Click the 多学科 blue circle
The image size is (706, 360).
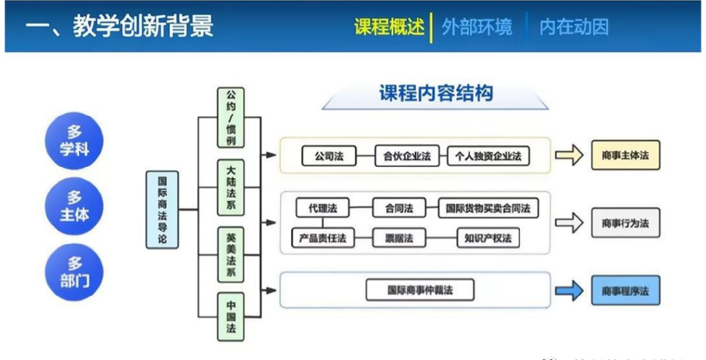pyautogui.click(x=74, y=141)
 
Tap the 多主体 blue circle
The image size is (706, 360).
pyautogui.click(x=74, y=206)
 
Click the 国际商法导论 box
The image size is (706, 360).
pyautogui.click(x=162, y=210)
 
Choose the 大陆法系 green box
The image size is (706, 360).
pyautogui.click(x=231, y=188)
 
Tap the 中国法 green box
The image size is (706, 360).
pyautogui.click(x=231, y=317)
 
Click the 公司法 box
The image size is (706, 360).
pyautogui.click(x=328, y=156)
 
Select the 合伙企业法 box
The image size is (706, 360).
pyautogui.click(x=407, y=156)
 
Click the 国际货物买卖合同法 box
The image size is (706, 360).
pyautogui.click(x=488, y=207)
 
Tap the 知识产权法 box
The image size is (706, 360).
pyautogui.click(x=488, y=238)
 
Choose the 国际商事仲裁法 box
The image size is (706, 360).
pyautogui.click(x=420, y=290)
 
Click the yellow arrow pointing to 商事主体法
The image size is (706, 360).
pyautogui.click(x=569, y=156)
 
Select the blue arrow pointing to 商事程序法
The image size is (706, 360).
pyautogui.click(x=569, y=291)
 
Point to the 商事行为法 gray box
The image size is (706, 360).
pyautogui.click(x=625, y=223)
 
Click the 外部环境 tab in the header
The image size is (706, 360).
pyautogui.click(x=477, y=28)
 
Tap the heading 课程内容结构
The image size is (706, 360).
pyautogui.click(x=436, y=94)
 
